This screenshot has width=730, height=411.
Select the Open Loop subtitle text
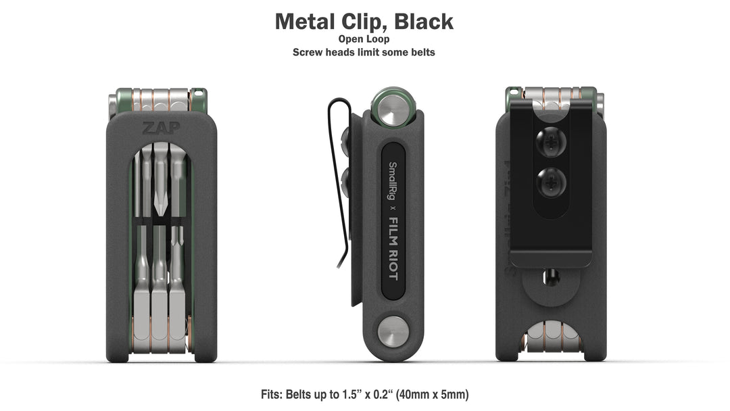364,39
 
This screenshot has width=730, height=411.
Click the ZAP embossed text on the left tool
157,127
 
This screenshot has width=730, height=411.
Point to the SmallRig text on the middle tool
391,180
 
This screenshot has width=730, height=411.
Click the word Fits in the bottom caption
273,394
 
